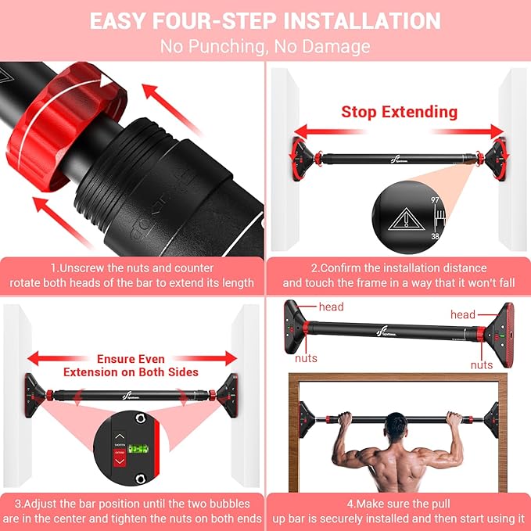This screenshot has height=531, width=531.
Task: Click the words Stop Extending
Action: click(x=399, y=112)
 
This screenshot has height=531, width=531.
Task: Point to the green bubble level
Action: click(x=138, y=450)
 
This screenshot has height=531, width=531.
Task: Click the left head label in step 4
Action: click(x=331, y=307)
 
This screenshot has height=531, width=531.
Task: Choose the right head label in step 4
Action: click(x=462, y=314)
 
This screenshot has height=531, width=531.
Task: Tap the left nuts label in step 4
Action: click(x=306, y=358)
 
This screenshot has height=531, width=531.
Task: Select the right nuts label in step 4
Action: click(x=482, y=364)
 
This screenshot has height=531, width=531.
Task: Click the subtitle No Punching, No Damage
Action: click(x=265, y=46)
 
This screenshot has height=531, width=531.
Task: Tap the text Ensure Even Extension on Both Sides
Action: click(x=131, y=365)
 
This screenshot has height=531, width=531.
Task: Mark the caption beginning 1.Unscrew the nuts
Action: click(x=131, y=275)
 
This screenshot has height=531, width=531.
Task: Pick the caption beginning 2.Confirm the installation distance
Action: click(x=398, y=275)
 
